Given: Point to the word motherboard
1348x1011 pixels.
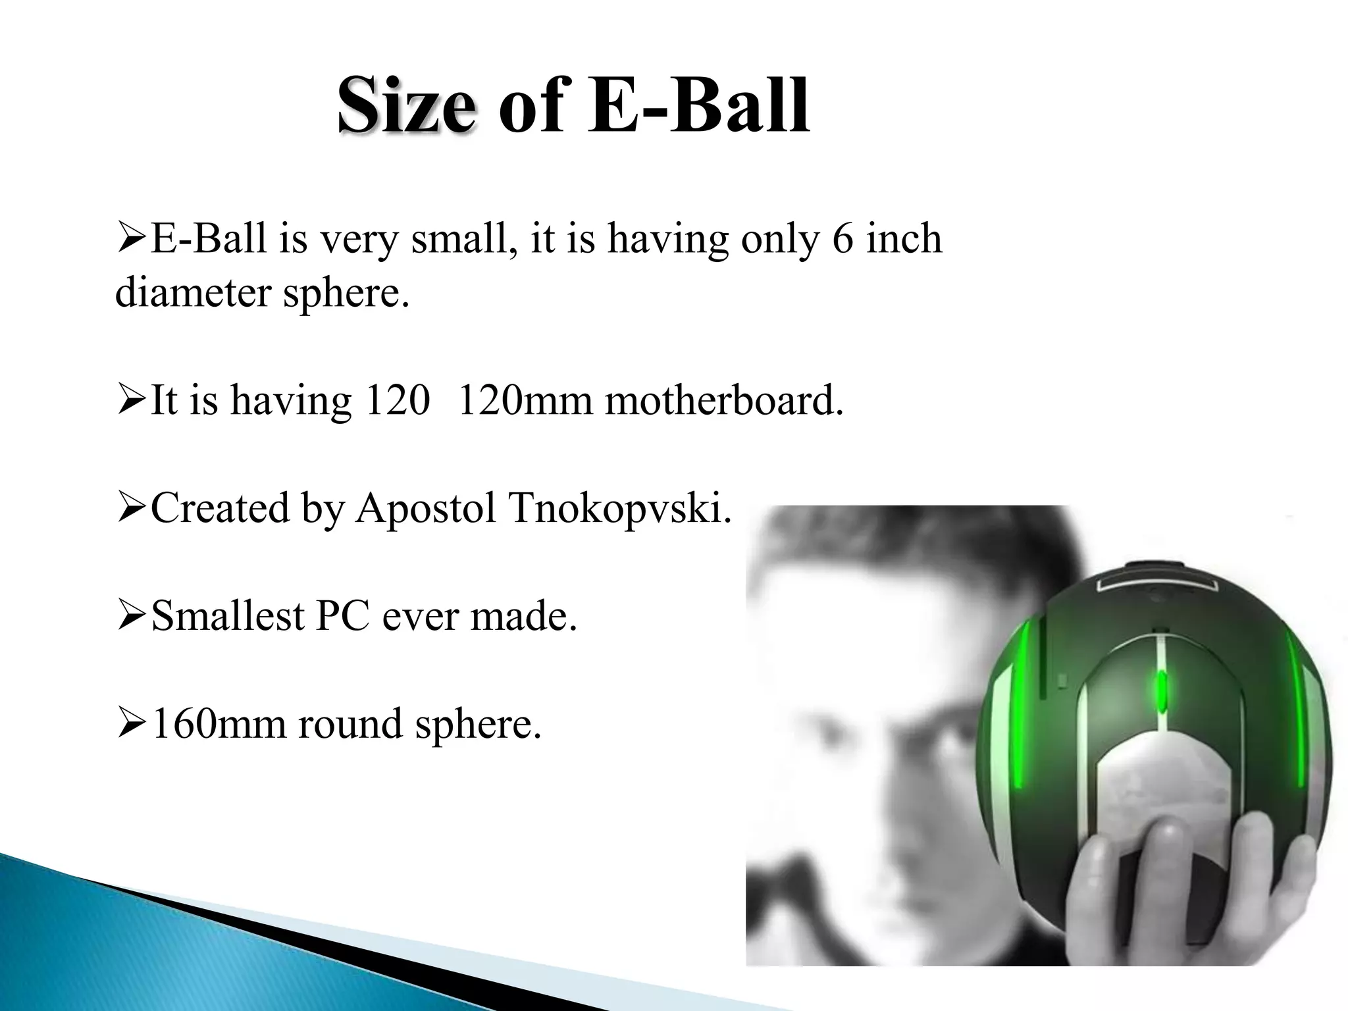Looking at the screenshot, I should pyautogui.click(x=723, y=400).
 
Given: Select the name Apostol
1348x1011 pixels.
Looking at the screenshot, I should pyautogui.click(x=425, y=508).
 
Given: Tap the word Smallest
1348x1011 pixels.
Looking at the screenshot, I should pyautogui.click(x=228, y=616).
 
